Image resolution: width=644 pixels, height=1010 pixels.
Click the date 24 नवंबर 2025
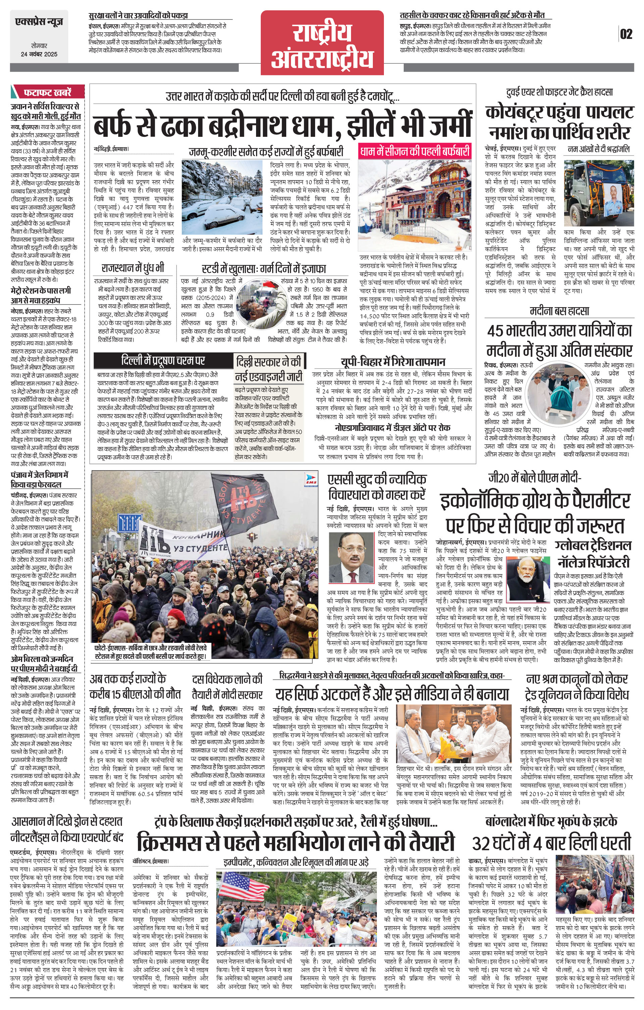tap(39, 54)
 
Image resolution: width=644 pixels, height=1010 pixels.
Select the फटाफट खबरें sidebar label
tap(47, 92)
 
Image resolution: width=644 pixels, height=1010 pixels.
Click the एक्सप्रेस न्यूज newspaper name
tap(39, 21)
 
